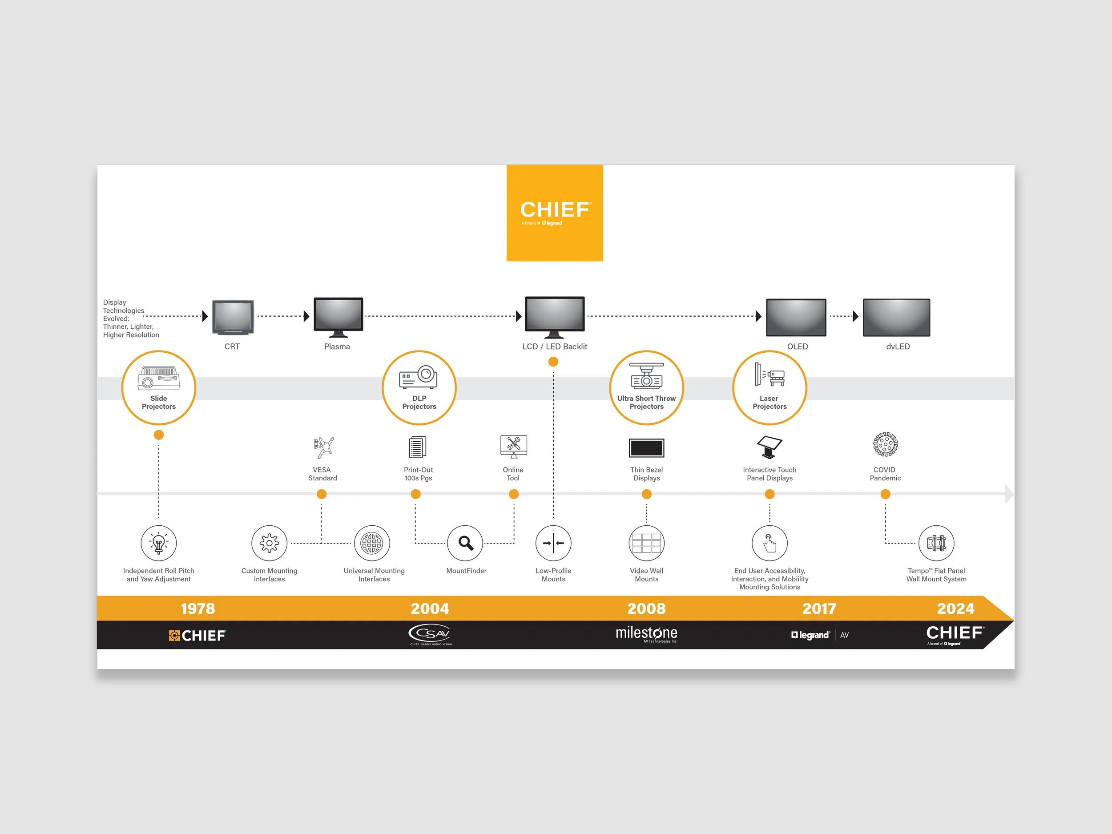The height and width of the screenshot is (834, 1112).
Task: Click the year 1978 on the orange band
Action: click(x=197, y=608)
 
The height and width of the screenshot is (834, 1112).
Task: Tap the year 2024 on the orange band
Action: click(x=955, y=608)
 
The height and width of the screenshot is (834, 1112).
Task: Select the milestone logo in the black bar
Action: click(x=646, y=633)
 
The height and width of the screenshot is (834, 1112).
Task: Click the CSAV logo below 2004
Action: click(x=430, y=634)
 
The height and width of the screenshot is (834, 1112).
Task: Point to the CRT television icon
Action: click(x=233, y=317)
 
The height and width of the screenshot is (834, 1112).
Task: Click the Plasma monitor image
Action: click(x=338, y=317)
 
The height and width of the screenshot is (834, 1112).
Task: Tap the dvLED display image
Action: click(x=896, y=317)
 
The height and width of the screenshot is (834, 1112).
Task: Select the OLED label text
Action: click(x=797, y=346)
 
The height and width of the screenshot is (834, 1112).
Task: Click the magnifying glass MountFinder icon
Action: click(x=466, y=543)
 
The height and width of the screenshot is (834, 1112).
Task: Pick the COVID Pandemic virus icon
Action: click(x=885, y=444)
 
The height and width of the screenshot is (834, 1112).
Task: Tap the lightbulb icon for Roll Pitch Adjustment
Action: click(x=158, y=543)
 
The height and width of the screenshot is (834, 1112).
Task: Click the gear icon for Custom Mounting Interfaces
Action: click(x=270, y=543)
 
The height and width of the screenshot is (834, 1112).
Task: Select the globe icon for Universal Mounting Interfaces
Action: click(x=372, y=543)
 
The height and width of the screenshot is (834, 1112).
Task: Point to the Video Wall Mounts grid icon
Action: click(x=646, y=543)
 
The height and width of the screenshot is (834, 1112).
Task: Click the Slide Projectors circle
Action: click(x=158, y=387)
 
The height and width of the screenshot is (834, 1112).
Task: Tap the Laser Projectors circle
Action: click(x=770, y=387)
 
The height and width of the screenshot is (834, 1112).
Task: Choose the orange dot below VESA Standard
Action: click(x=322, y=494)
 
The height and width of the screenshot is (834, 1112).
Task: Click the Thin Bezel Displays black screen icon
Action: click(x=646, y=447)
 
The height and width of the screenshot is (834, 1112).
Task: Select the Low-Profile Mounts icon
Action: click(x=553, y=543)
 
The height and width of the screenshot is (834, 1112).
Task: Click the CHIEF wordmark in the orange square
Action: click(x=555, y=210)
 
